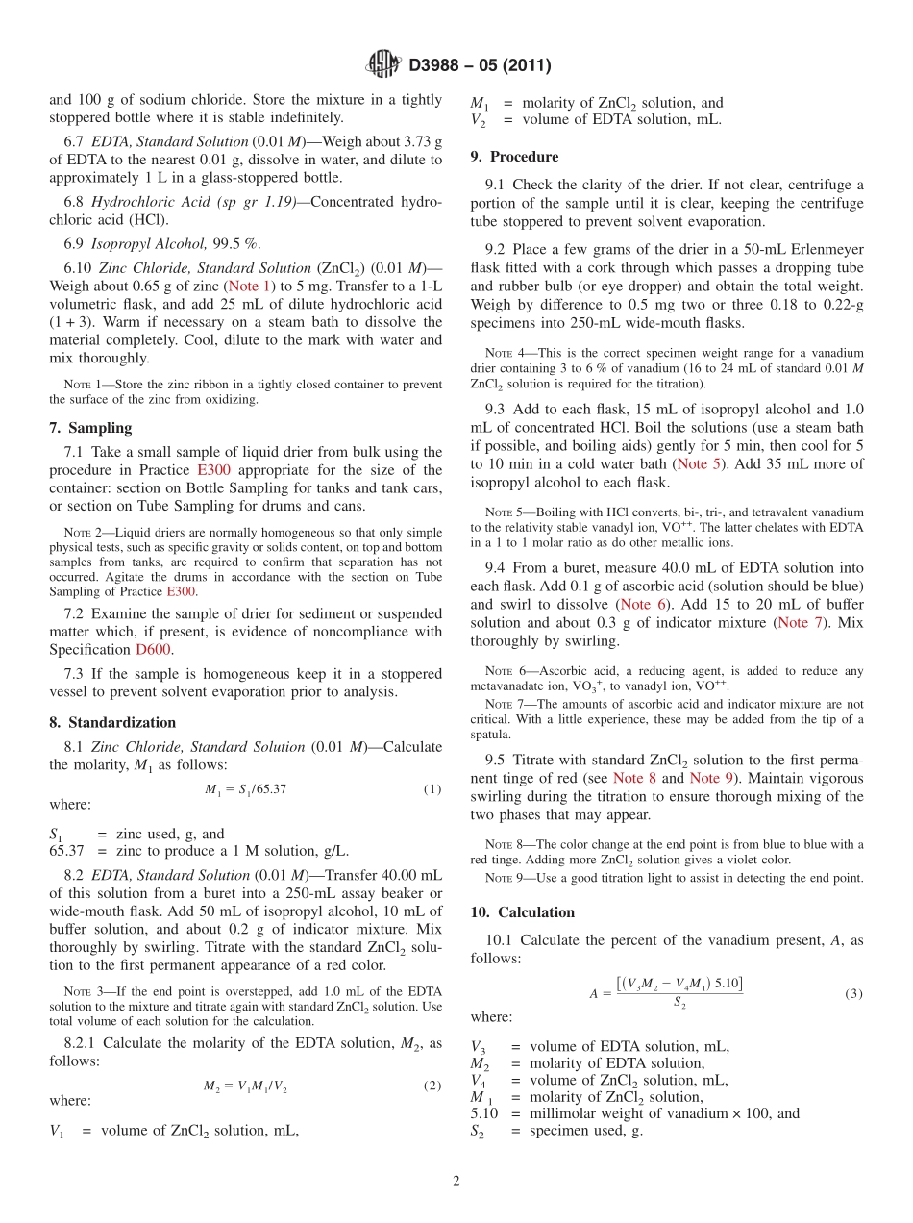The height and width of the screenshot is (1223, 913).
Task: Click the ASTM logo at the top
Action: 383,64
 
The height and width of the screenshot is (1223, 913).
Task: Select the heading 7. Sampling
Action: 90,428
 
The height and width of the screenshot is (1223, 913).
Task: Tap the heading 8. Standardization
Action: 112,722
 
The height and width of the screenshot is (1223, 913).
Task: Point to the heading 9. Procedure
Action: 514,157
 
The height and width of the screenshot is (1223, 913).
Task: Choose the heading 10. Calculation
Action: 523,912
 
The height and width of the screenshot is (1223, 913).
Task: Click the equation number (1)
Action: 432,789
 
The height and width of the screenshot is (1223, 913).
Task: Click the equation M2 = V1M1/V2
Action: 245,1086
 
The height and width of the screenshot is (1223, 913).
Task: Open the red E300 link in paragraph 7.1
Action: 213,470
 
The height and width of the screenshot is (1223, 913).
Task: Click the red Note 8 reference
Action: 634,778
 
